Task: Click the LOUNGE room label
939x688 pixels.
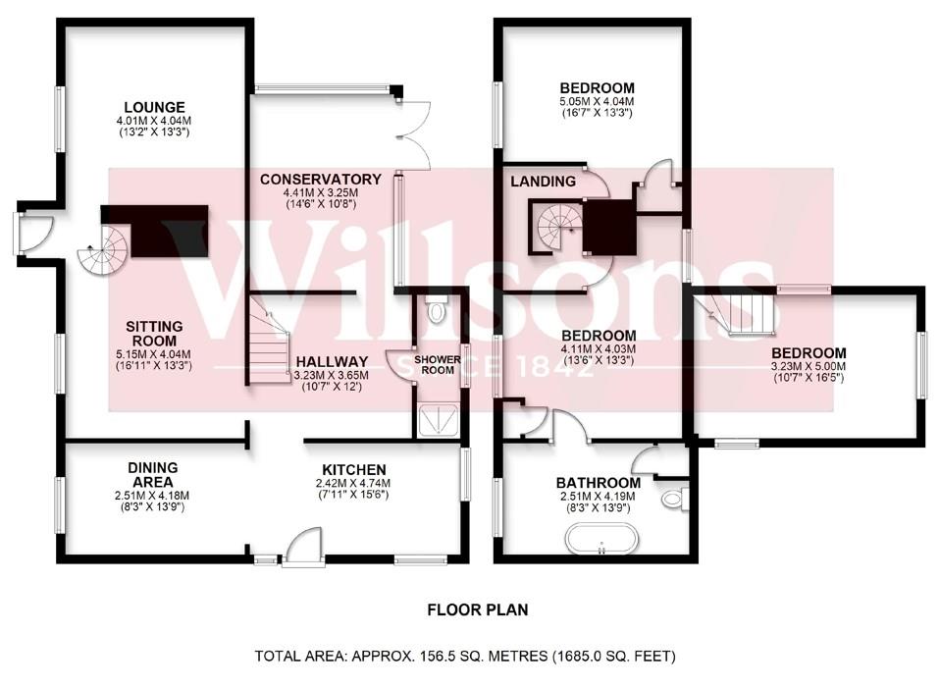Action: (155, 107)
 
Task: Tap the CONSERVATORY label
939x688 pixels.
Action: (320, 180)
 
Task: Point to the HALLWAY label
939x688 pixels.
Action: (331, 361)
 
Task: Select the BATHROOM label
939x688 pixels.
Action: (598, 483)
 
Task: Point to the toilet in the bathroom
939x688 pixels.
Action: (672, 500)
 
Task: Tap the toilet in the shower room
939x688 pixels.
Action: (437, 311)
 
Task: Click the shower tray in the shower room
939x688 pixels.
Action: (438, 421)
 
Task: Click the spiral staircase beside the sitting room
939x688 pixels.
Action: (105, 250)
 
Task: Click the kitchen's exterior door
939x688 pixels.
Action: (302, 548)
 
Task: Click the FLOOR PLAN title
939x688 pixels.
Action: (478, 609)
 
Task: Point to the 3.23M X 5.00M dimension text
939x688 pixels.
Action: (808, 367)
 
